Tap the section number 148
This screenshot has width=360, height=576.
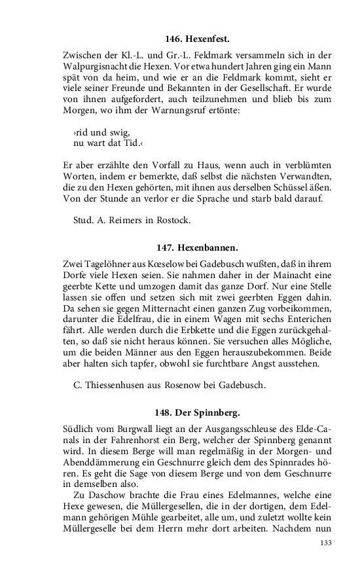tap(164, 412)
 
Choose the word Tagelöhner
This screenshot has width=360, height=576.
tap(107, 264)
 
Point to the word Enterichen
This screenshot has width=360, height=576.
tap(306, 319)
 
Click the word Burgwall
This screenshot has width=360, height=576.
tap(128, 429)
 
